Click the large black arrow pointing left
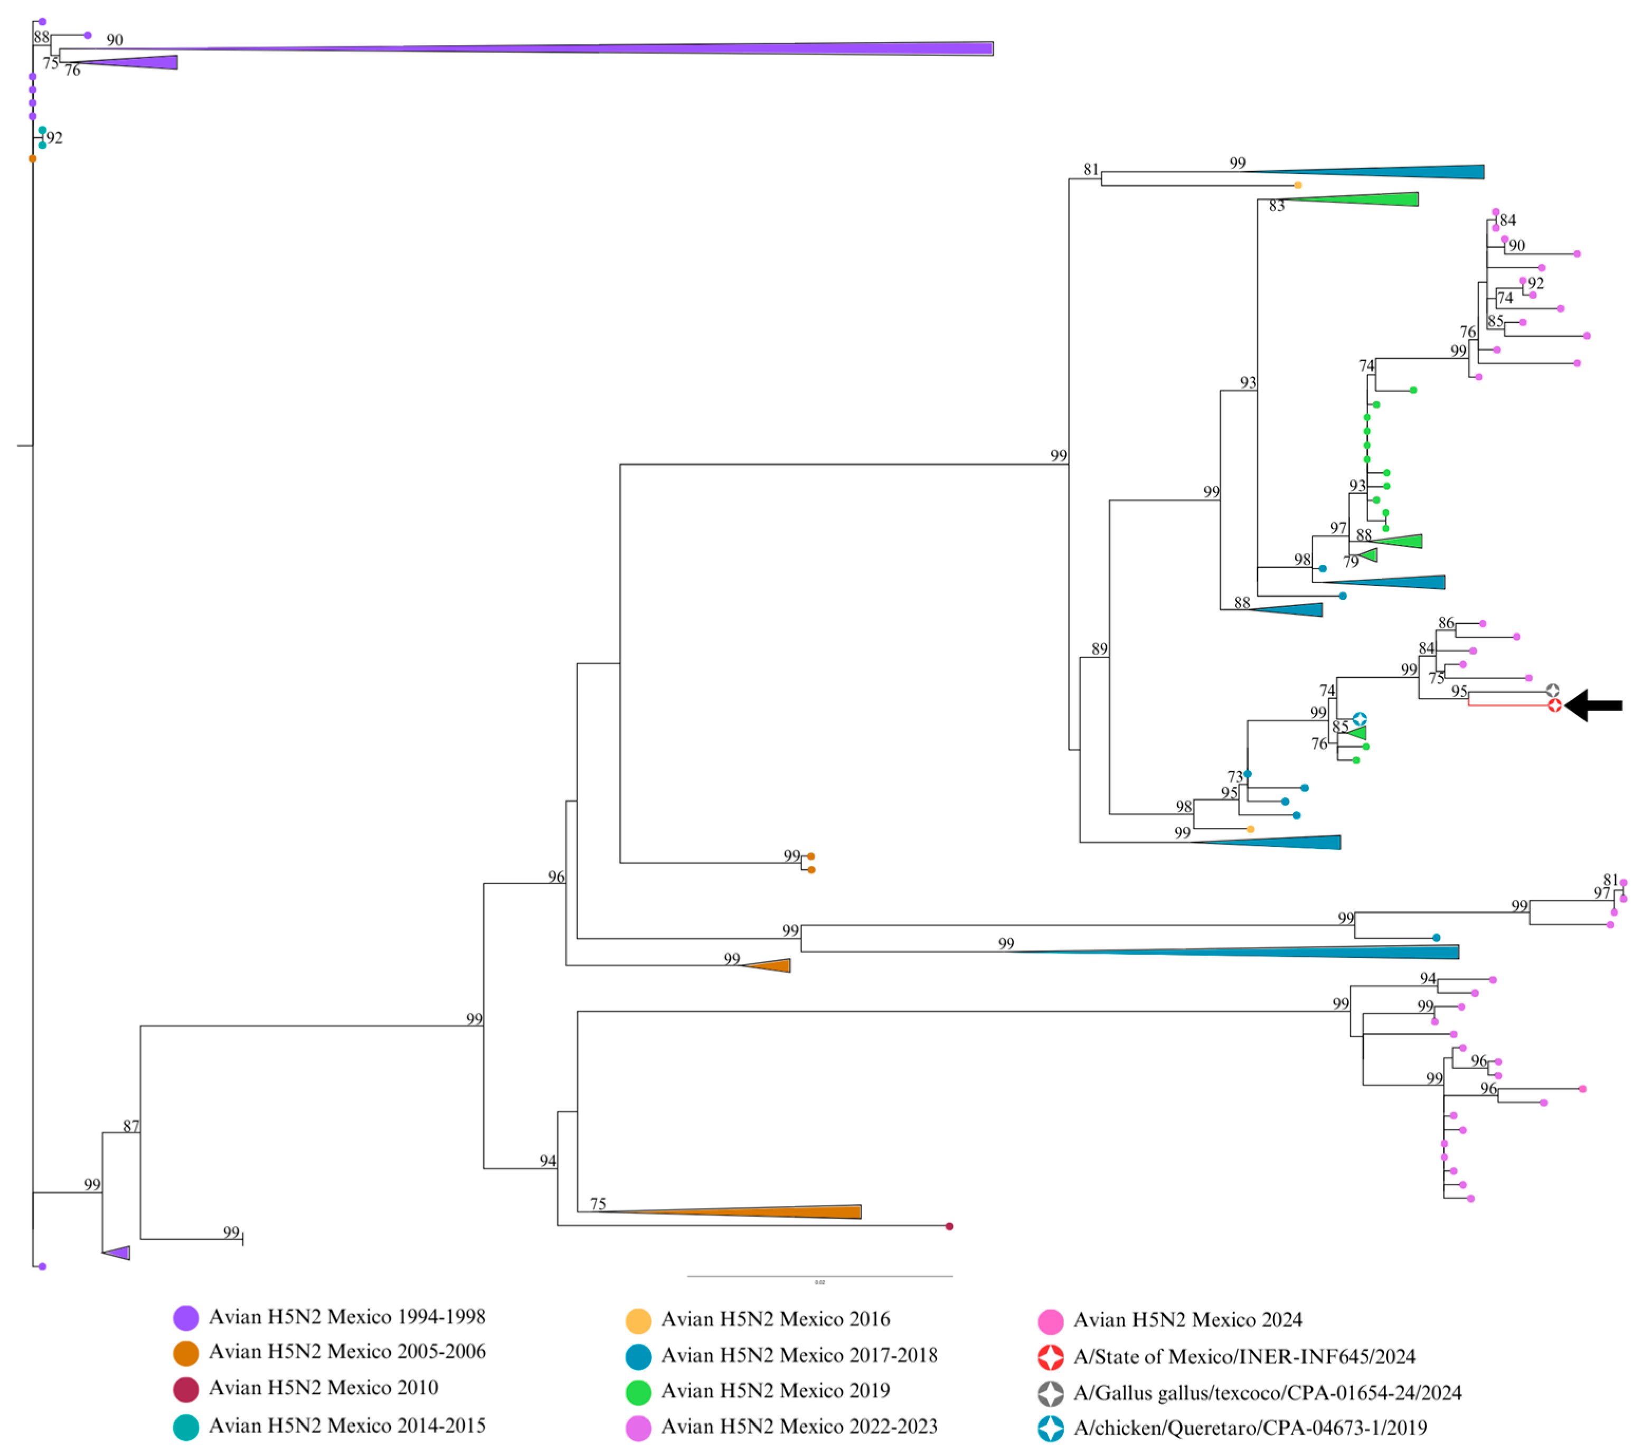[x=1594, y=705]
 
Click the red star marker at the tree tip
[x=1554, y=705]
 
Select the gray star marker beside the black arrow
[x=1553, y=691]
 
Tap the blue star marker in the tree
[x=1359, y=719]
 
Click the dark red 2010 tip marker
[x=949, y=1226]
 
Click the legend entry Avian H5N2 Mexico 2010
[x=323, y=1388]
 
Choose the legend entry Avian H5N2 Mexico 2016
[x=775, y=1319]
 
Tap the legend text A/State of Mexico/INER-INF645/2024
[x=1243, y=1356]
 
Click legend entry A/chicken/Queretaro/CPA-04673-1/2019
[x=1250, y=1428]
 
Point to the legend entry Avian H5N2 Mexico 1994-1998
[x=346, y=1317]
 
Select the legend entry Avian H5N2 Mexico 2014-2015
[x=346, y=1426]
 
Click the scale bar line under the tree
[x=819, y=1276]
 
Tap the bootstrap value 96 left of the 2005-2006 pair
[x=556, y=876]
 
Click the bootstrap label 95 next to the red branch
[x=1459, y=691]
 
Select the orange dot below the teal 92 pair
[x=33, y=158]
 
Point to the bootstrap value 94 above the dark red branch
[x=547, y=1161]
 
